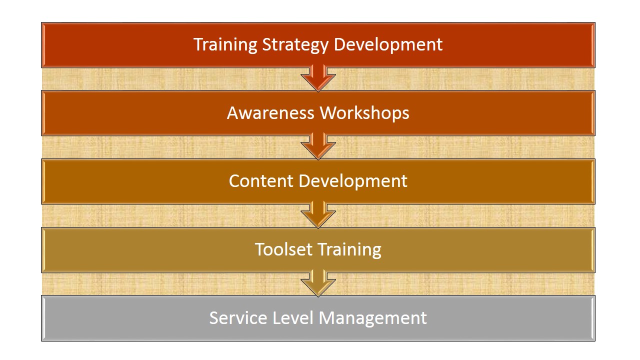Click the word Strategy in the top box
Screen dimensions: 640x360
point(295,45)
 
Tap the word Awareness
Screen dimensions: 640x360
point(270,113)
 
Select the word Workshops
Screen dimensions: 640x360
point(364,113)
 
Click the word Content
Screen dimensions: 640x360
point(261,181)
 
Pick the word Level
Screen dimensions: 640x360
point(293,317)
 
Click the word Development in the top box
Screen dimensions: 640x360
point(388,45)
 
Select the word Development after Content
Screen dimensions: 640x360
point(353,181)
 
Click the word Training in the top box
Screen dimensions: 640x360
point(225,45)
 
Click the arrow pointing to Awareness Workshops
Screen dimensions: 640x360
point(318,77)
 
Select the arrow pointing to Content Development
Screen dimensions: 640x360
point(318,146)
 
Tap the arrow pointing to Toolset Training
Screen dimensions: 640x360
point(318,214)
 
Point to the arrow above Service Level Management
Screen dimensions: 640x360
point(318,283)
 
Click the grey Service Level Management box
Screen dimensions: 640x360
point(318,318)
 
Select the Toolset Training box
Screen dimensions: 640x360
point(318,250)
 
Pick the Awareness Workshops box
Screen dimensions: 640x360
point(318,113)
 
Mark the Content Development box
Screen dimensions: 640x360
point(318,181)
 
